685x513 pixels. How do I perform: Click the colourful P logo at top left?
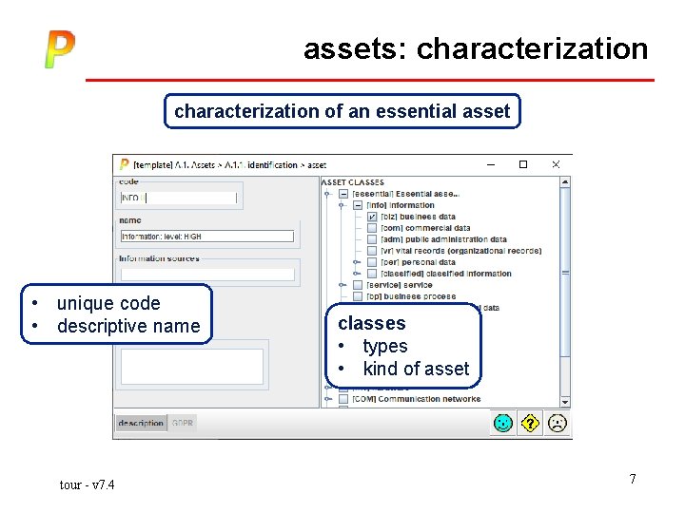[59, 49]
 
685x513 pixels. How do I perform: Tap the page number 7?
[632, 478]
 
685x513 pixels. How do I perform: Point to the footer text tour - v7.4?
[87, 485]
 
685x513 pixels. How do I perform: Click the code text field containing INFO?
[178, 198]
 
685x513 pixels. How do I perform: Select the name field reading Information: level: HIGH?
[206, 237]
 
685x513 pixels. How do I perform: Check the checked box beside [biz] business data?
[372, 217]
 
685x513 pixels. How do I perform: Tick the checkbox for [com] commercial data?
[372, 228]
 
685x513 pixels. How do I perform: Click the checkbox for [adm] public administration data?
[372, 239]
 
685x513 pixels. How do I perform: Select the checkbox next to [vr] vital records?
[372, 251]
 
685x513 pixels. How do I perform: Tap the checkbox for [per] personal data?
[372, 262]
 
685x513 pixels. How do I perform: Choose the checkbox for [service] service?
[357, 285]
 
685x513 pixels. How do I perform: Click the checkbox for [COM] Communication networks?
[343, 399]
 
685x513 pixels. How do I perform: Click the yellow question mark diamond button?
[529, 423]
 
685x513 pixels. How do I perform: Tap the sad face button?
[556, 423]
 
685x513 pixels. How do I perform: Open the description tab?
[141, 423]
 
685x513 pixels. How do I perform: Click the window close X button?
[557, 164]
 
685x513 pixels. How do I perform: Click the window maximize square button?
[522, 164]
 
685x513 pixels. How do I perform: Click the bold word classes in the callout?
[371, 323]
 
